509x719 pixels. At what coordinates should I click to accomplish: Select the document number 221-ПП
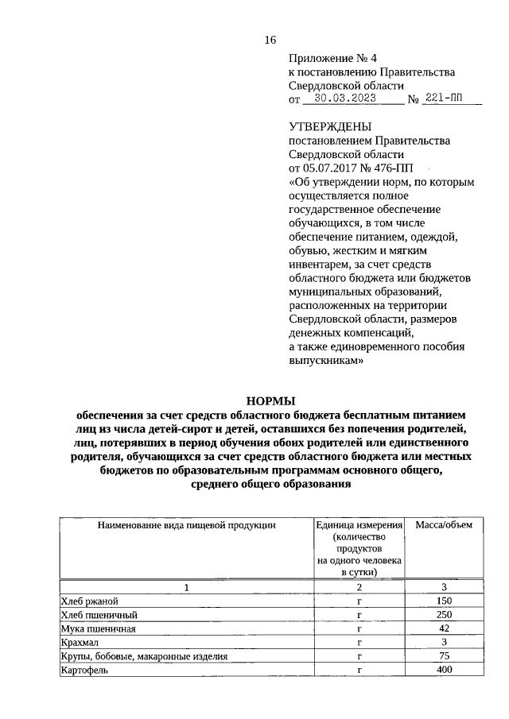(442, 99)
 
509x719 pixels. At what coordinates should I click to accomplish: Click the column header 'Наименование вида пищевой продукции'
(187, 525)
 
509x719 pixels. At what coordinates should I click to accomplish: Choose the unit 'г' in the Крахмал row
(359, 642)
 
